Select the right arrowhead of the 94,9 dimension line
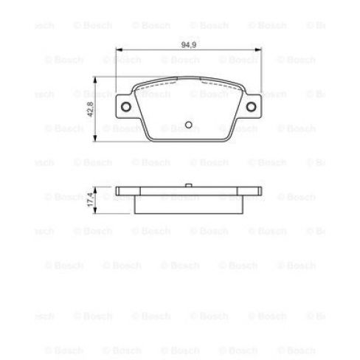[257, 50]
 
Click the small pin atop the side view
[189, 184]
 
